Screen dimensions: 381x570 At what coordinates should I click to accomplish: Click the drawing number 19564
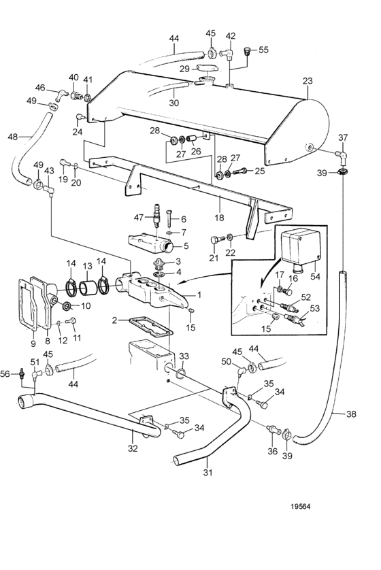click(300, 506)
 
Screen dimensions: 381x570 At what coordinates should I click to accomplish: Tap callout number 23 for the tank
click(308, 81)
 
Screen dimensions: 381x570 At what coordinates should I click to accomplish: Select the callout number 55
click(263, 50)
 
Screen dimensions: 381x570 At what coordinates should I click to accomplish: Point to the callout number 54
click(315, 276)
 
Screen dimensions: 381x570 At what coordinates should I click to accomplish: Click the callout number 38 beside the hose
click(351, 414)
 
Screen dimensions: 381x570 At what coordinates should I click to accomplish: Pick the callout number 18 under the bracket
click(220, 218)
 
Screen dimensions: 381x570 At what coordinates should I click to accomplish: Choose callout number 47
click(139, 218)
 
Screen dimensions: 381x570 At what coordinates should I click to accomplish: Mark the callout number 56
click(5, 373)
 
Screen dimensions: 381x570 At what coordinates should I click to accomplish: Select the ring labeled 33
click(182, 373)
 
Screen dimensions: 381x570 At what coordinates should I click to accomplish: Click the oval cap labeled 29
click(208, 67)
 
